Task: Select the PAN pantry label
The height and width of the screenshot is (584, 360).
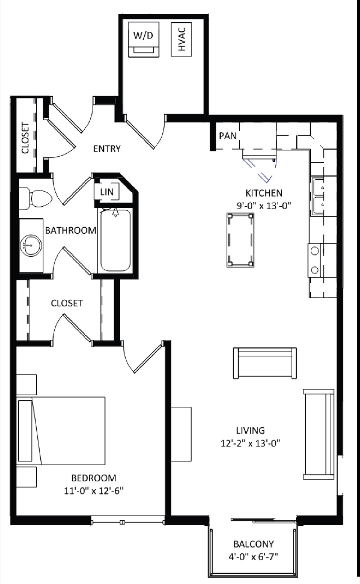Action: pyautogui.click(x=228, y=136)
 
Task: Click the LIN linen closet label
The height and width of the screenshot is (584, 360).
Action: pyautogui.click(x=107, y=192)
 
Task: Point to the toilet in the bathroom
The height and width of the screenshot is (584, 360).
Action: pyautogui.click(x=35, y=198)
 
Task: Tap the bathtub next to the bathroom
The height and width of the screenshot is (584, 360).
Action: pyautogui.click(x=115, y=240)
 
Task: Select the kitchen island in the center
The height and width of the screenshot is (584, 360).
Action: pyautogui.click(x=240, y=240)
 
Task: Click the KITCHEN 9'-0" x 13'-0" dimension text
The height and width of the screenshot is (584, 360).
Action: pyautogui.click(x=264, y=199)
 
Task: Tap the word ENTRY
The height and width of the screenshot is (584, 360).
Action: pyautogui.click(x=107, y=149)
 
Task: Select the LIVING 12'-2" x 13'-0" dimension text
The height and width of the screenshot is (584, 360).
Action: pyautogui.click(x=251, y=436)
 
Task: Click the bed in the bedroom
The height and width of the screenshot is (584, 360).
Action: pyautogui.click(x=61, y=431)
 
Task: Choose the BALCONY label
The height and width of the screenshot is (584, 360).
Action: pyautogui.click(x=253, y=544)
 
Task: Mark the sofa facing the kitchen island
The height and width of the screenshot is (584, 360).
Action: pyautogui.click(x=265, y=363)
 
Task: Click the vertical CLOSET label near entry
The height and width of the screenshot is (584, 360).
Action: pyautogui.click(x=25, y=138)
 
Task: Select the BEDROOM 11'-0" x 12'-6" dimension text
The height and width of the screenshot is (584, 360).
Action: pyautogui.click(x=94, y=484)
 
